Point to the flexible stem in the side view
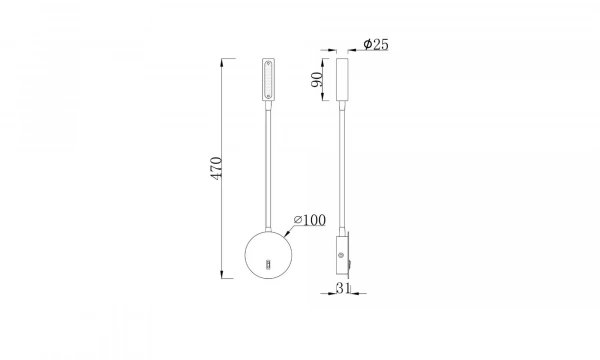(342, 170)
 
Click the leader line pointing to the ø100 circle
(288, 227)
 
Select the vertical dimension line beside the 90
(327, 81)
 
